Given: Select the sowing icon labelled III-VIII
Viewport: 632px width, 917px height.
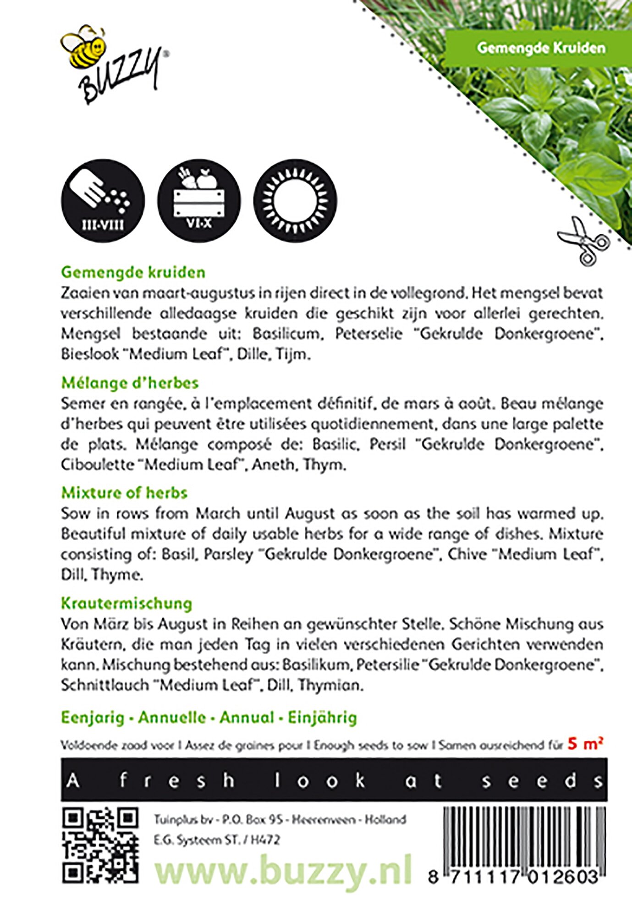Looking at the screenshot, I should (x=103, y=200).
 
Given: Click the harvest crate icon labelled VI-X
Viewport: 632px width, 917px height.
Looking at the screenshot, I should (x=199, y=200).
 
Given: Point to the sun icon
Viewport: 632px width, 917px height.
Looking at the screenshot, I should (x=295, y=200).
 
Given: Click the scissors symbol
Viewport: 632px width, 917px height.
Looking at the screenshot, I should (x=583, y=241).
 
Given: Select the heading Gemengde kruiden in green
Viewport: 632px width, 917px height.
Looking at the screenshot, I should (x=133, y=272).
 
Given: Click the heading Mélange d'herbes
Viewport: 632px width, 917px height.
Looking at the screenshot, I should (x=130, y=383).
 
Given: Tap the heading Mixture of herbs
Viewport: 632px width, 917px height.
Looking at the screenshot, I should (x=124, y=493).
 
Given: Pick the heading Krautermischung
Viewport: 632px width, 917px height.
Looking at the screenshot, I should (x=126, y=603).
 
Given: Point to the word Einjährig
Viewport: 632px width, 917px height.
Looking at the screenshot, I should (x=322, y=718).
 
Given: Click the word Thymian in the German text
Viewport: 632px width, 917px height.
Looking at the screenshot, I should (x=330, y=685).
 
